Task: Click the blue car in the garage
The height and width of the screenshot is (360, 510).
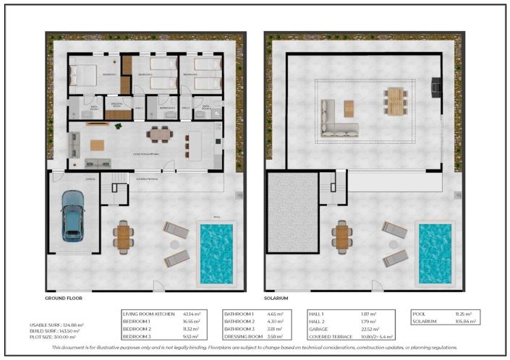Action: click(x=72, y=215)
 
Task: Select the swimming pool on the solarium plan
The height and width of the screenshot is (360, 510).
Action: click(x=434, y=252)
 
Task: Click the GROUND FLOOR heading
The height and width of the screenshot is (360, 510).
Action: click(x=66, y=298)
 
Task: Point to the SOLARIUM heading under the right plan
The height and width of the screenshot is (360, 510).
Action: click(x=276, y=298)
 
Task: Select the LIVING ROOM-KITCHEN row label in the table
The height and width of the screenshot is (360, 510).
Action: click(x=148, y=314)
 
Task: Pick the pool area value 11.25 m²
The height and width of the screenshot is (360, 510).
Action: click(x=463, y=314)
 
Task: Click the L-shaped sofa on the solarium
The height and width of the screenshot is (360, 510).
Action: click(x=337, y=120)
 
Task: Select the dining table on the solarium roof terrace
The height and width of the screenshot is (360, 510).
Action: click(x=394, y=101)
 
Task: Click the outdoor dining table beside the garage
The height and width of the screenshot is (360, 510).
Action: click(x=124, y=236)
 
